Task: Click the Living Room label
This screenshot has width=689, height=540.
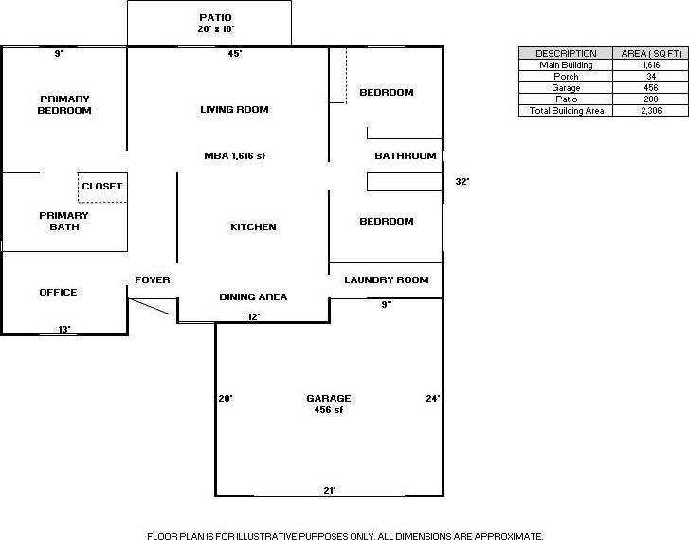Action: tap(234, 109)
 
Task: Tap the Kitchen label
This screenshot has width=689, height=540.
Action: tap(253, 226)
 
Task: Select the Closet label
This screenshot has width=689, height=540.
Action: tap(102, 186)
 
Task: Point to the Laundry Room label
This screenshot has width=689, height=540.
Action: tap(387, 279)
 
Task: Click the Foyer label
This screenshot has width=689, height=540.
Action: tap(153, 279)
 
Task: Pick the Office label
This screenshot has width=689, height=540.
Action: tap(58, 292)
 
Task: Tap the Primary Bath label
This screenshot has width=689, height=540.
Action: tap(64, 221)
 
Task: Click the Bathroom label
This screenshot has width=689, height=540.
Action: tap(405, 155)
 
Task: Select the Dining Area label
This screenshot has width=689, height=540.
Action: tap(253, 297)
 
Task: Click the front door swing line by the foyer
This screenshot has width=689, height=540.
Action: tap(150, 307)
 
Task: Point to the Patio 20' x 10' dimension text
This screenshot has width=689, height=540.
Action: tap(215, 24)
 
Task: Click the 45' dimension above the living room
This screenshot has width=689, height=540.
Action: tap(235, 54)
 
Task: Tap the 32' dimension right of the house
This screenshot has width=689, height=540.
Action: tap(462, 182)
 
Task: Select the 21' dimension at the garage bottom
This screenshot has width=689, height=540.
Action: tap(330, 490)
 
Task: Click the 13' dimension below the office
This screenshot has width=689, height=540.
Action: tap(64, 329)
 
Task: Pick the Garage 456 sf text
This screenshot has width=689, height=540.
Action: tap(329, 404)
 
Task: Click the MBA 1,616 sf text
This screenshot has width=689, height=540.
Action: tap(235, 155)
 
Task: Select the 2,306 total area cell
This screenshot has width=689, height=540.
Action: tap(651, 110)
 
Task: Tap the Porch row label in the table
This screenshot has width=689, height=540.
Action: tap(566, 76)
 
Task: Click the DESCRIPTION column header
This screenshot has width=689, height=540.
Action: tap(566, 54)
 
